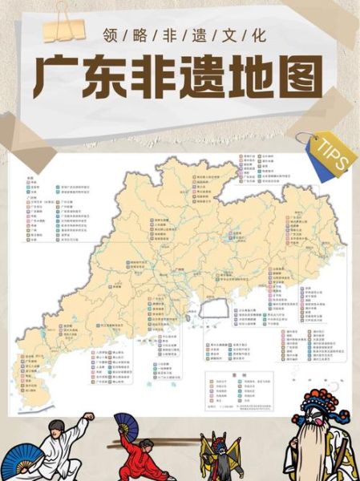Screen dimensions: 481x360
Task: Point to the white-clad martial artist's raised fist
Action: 89,416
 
